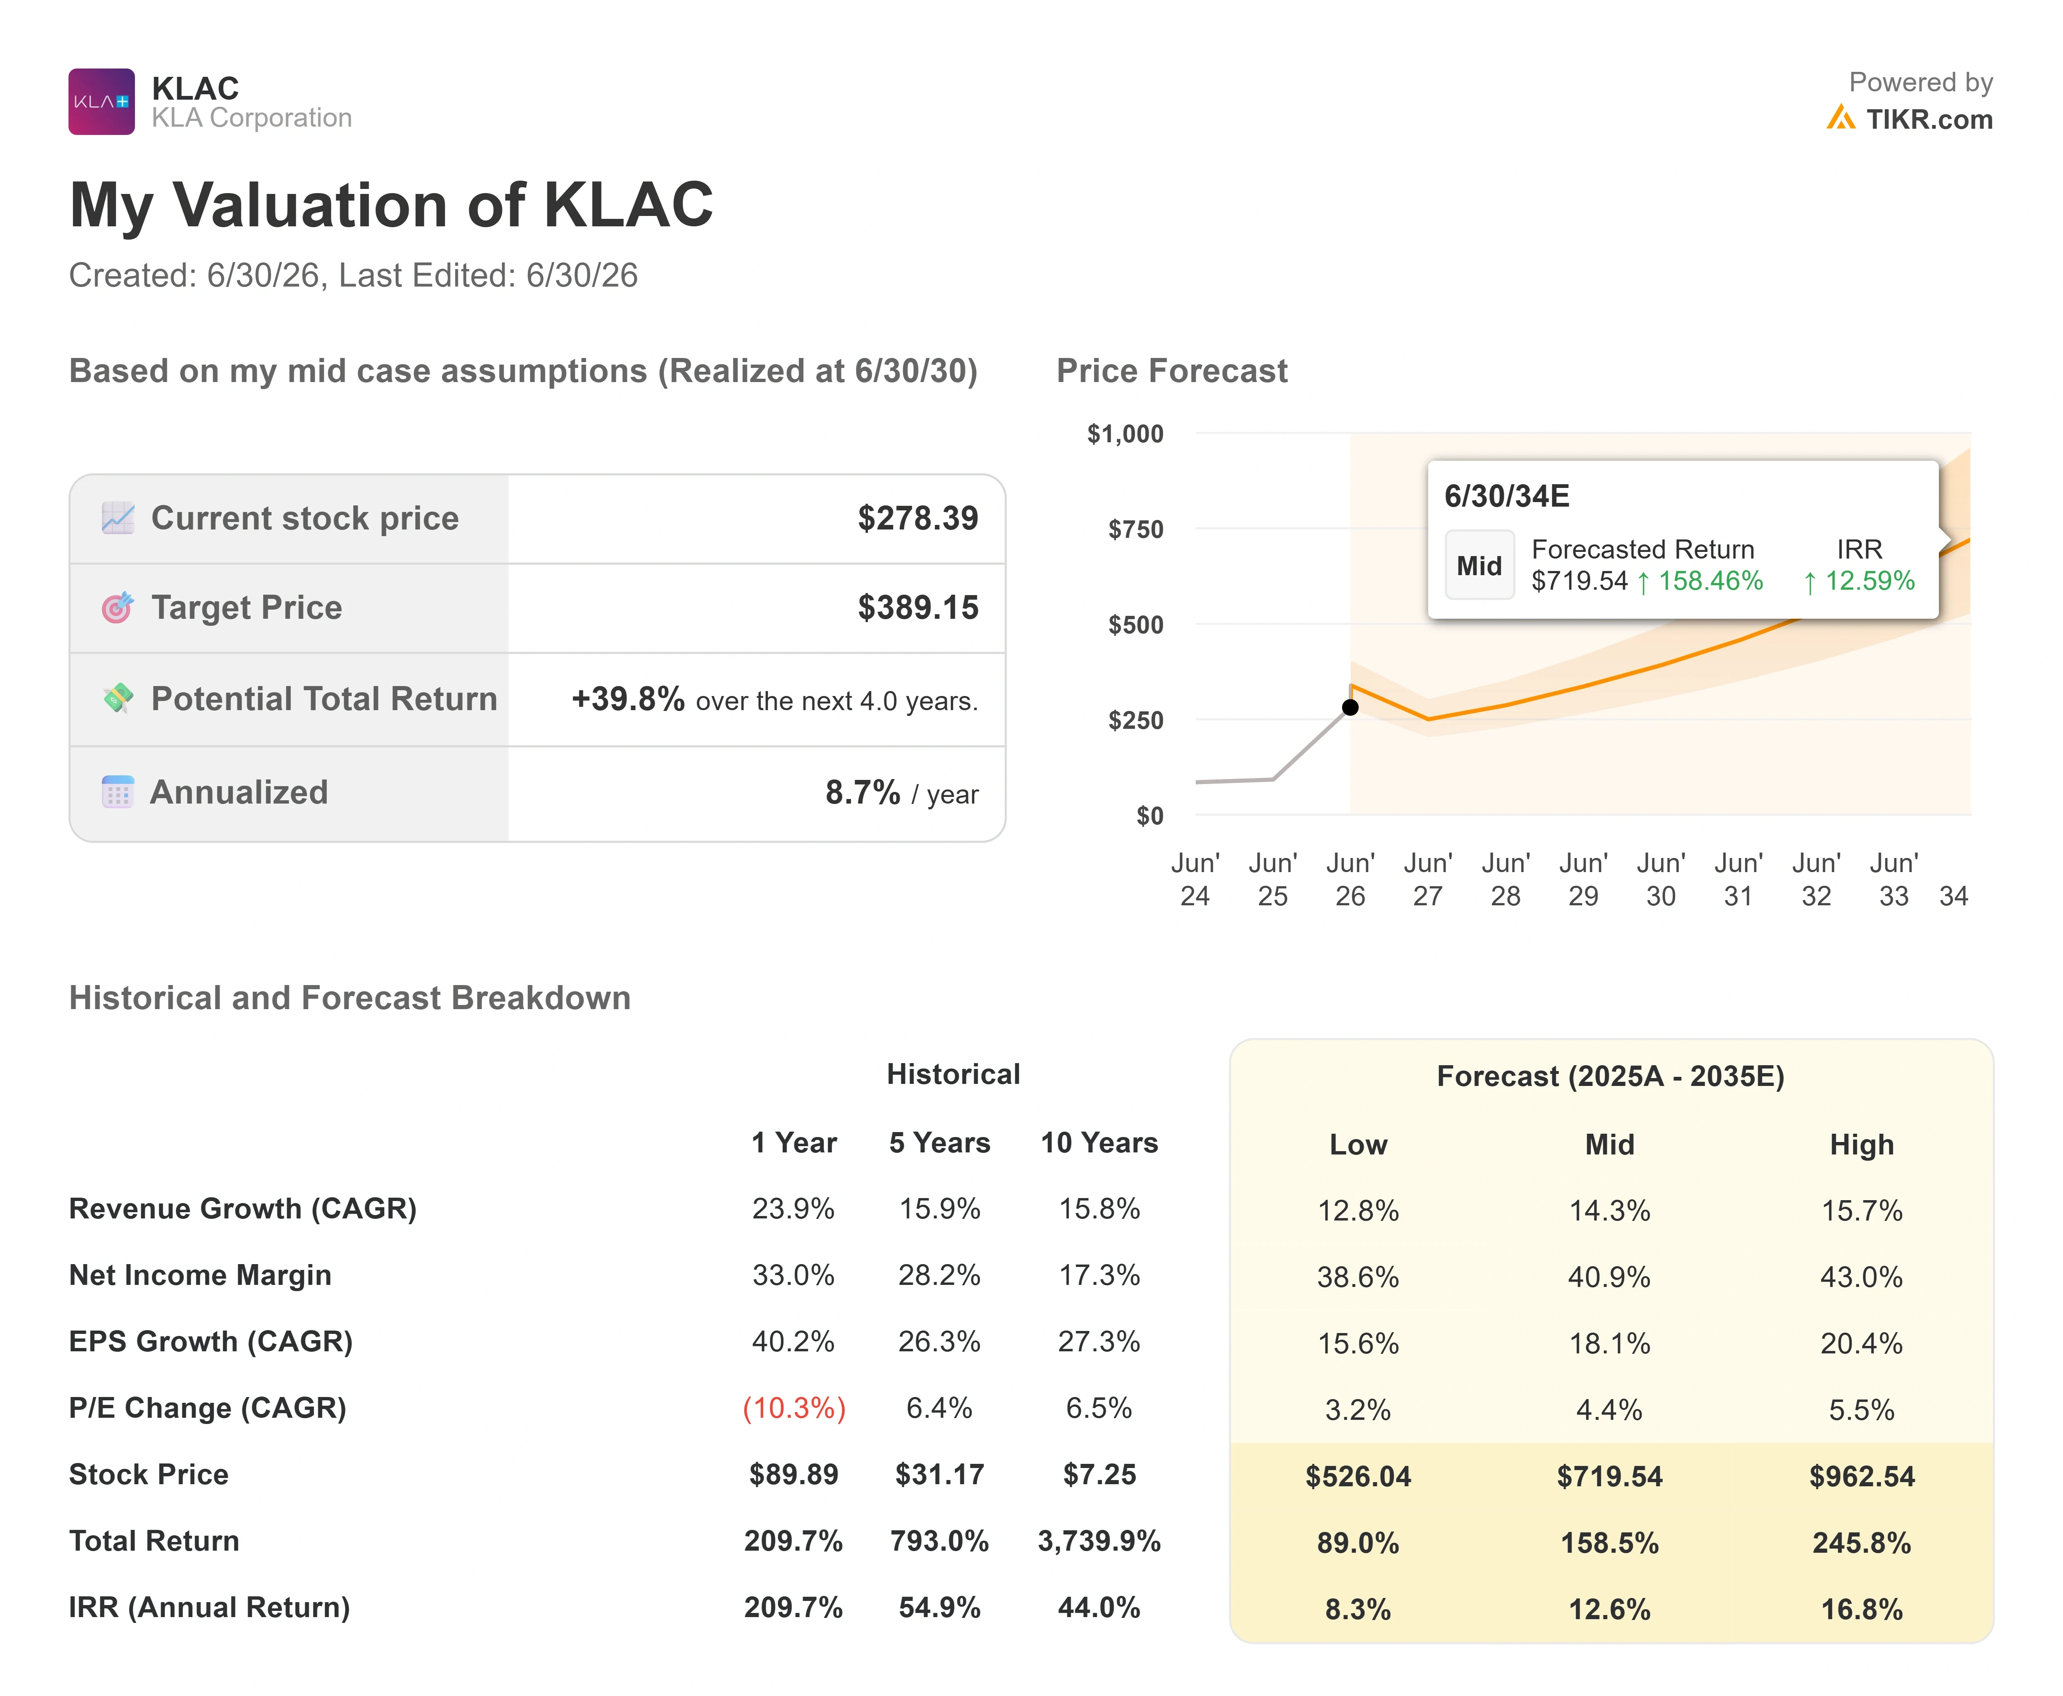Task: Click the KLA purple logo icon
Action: click(102, 102)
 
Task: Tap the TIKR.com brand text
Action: click(1929, 119)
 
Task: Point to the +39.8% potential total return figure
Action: click(628, 699)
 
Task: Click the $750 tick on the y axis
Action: click(1136, 529)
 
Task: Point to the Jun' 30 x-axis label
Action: click(1661, 879)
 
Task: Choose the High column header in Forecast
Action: click(1862, 1145)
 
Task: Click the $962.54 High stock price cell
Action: click(1862, 1476)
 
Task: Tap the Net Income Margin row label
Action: click(200, 1275)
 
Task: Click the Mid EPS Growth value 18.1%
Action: click(1610, 1343)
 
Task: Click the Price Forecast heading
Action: click(1172, 371)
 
